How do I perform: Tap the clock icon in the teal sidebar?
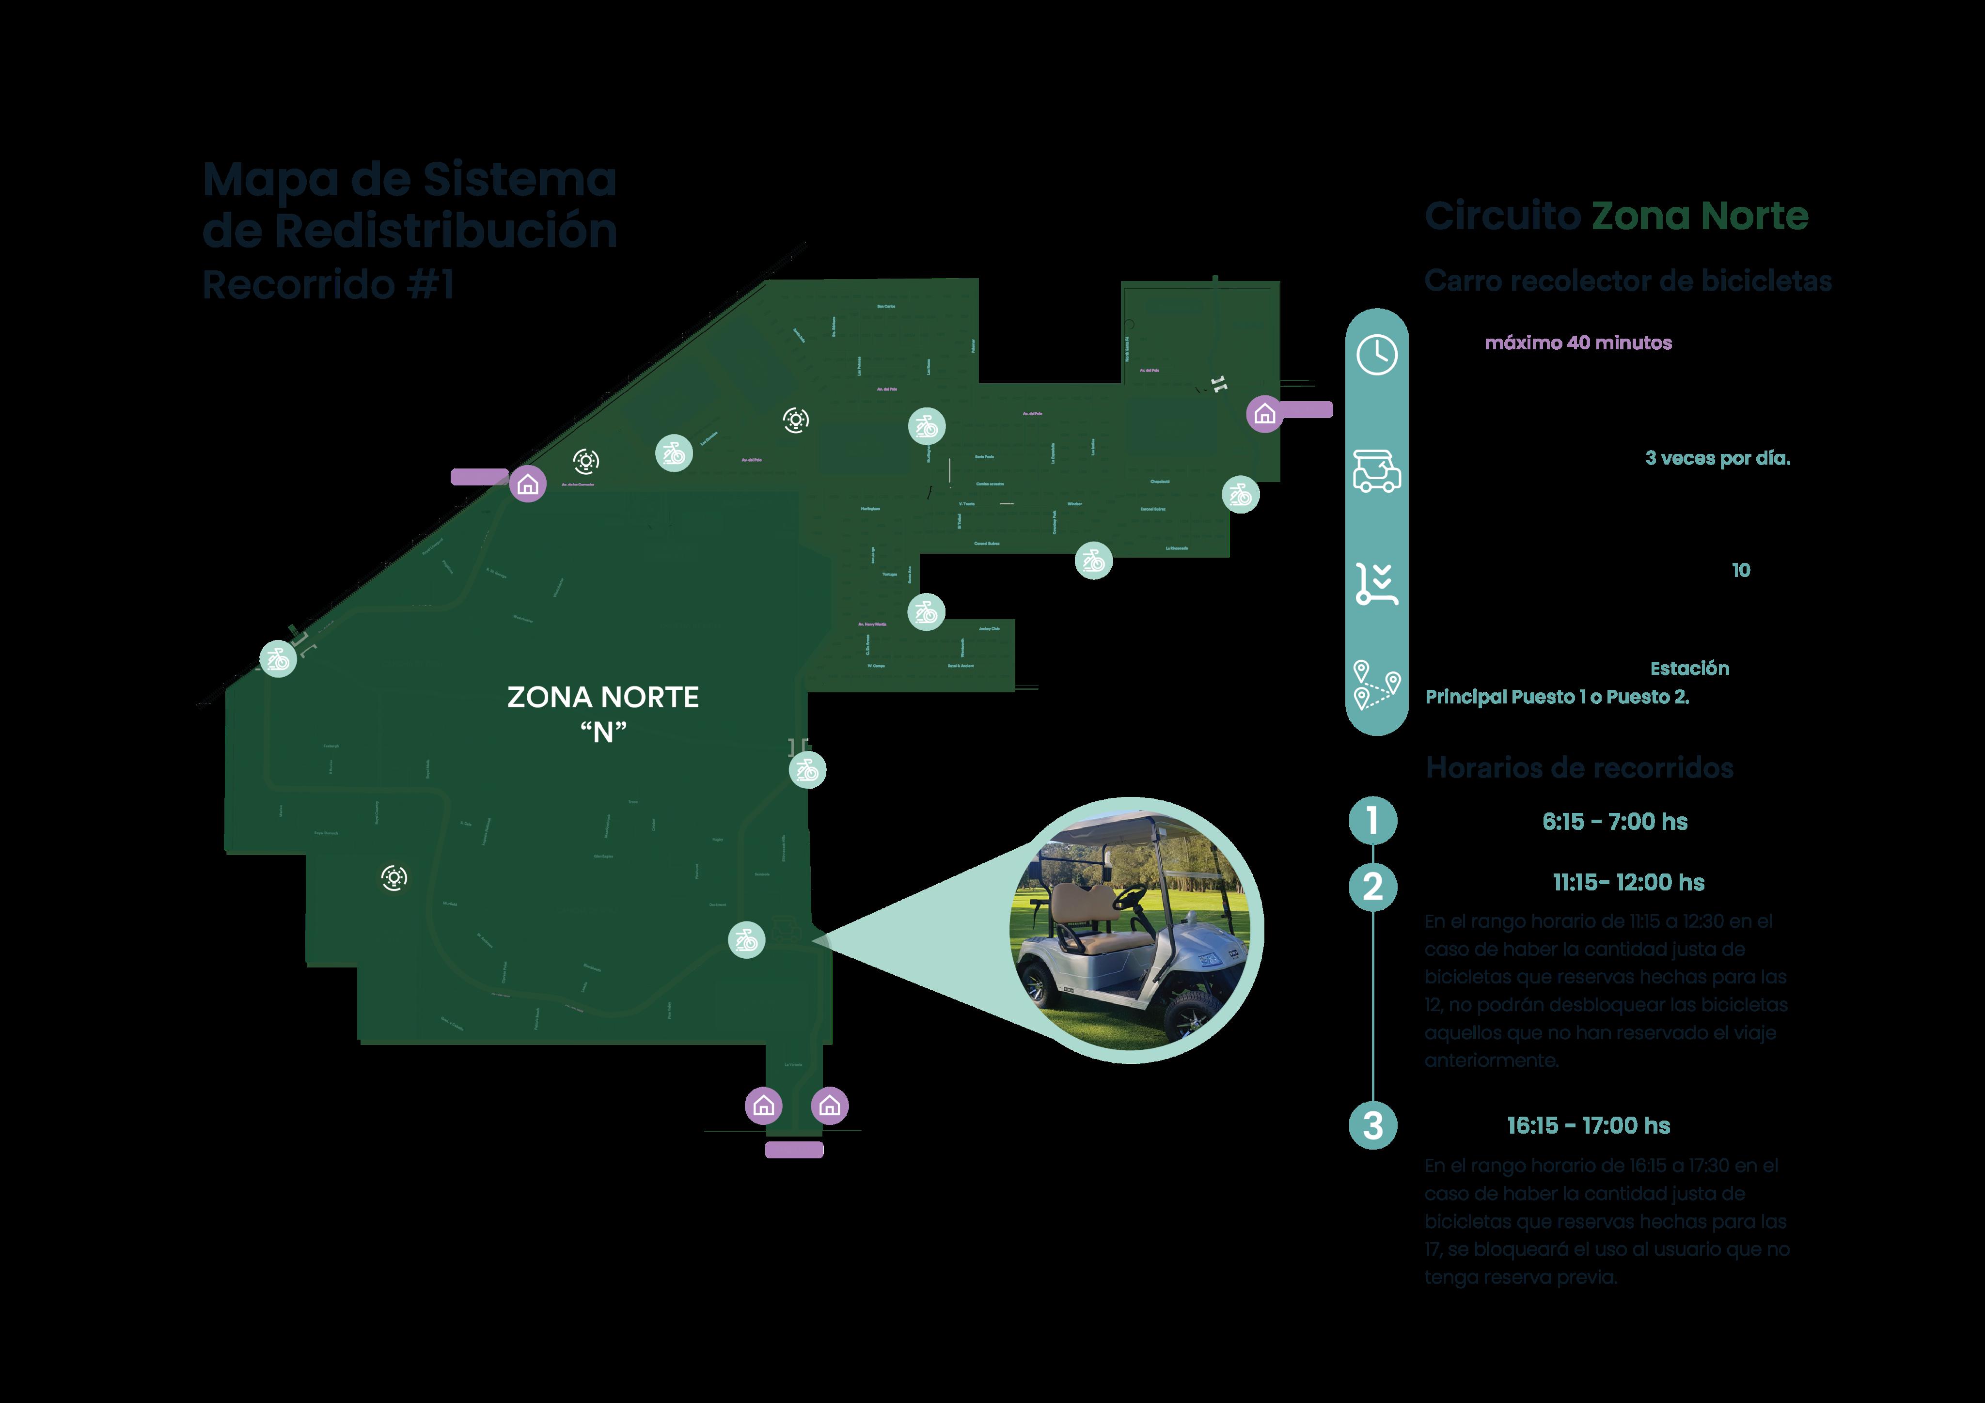1376,355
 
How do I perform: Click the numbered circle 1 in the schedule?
1373,820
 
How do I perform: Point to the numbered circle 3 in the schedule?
1373,1125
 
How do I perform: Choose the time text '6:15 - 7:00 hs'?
1614,822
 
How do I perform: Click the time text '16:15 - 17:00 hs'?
1588,1125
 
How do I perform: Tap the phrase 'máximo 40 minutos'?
1578,343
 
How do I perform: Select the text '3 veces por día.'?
1717,458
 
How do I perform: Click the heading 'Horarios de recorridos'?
1579,768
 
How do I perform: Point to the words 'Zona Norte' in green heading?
1700,216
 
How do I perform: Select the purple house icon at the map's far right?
1264,414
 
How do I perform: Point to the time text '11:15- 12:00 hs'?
1628,883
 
